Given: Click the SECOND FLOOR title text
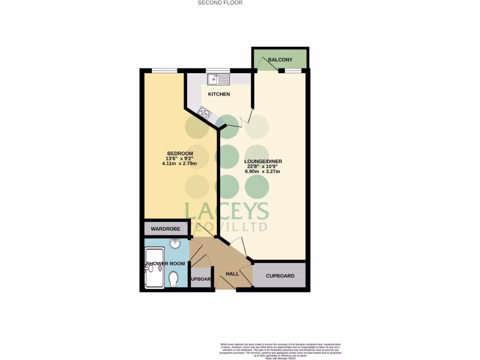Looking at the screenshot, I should pyautogui.click(x=220, y=3).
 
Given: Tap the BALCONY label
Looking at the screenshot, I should pyautogui.click(x=280, y=60).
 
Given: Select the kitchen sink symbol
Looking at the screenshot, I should pyautogui.click(x=218, y=80).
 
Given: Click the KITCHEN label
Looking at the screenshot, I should pyautogui.click(x=219, y=94).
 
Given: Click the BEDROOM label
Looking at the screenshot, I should pyautogui.click(x=180, y=154).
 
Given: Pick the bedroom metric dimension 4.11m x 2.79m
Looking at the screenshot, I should pyautogui.click(x=180, y=164).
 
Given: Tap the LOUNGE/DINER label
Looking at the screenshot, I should pyautogui.click(x=263, y=162).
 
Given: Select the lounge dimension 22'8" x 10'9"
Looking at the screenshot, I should pyautogui.click(x=263, y=166).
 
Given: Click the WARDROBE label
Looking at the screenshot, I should pyautogui.click(x=165, y=229).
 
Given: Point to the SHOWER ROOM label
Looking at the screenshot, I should pyautogui.click(x=162, y=263).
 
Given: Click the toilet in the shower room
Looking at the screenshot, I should pyautogui.click(x=173, y=279).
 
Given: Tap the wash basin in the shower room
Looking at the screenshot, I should pyautogui.click(x=175, y=244).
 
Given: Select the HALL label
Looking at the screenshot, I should pyautogui.click(x=232, y=273).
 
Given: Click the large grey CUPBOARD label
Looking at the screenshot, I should pyautogui.click(x=280, y=276).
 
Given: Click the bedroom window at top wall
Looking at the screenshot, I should pyautogui.click(x=164, y=71).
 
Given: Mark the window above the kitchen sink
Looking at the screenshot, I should pyautogui.click(x=218, y=71).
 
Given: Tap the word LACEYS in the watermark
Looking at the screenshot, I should pyautogui.click(x=226, y=212).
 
